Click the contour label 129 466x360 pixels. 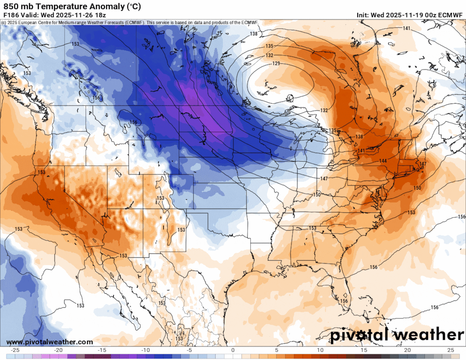pos(276,63)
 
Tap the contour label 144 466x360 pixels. pos(383,161)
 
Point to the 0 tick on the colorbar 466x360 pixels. pos(233,350)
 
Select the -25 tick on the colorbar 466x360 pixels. pos(15,350)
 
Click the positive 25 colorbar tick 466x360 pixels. pos(450,350)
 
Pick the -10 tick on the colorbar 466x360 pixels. pos(146,350)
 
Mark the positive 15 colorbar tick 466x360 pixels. pos(364,350)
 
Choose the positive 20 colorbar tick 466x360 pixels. pos(407,350)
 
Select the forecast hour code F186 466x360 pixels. pos(11,15)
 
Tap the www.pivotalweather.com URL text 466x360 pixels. pos(50,342)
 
